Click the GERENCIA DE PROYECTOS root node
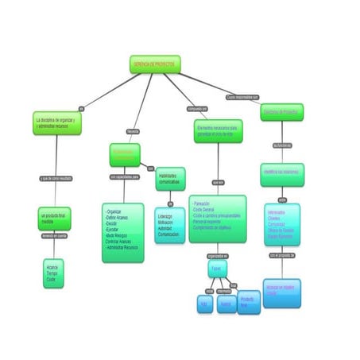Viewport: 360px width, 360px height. [155, 64]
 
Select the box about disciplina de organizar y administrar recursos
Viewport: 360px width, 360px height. [57, 122]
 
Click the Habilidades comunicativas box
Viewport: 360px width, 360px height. [169, 178]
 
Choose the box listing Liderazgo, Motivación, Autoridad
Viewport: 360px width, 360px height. [168, 225]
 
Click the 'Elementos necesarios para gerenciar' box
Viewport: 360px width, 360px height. [218, 130]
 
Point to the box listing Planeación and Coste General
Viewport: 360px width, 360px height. [217, 218]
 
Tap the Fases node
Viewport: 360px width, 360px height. [218, 269]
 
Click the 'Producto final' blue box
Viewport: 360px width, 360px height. [249, 303]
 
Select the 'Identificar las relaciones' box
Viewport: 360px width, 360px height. [281, 172]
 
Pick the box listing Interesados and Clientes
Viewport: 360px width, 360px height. [281, 225]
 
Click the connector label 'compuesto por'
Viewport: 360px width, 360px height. [196, 108]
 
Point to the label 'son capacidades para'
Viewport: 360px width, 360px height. [124, 177]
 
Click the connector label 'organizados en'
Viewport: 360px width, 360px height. [217, 256]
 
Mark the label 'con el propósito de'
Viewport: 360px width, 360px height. [281, 256]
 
